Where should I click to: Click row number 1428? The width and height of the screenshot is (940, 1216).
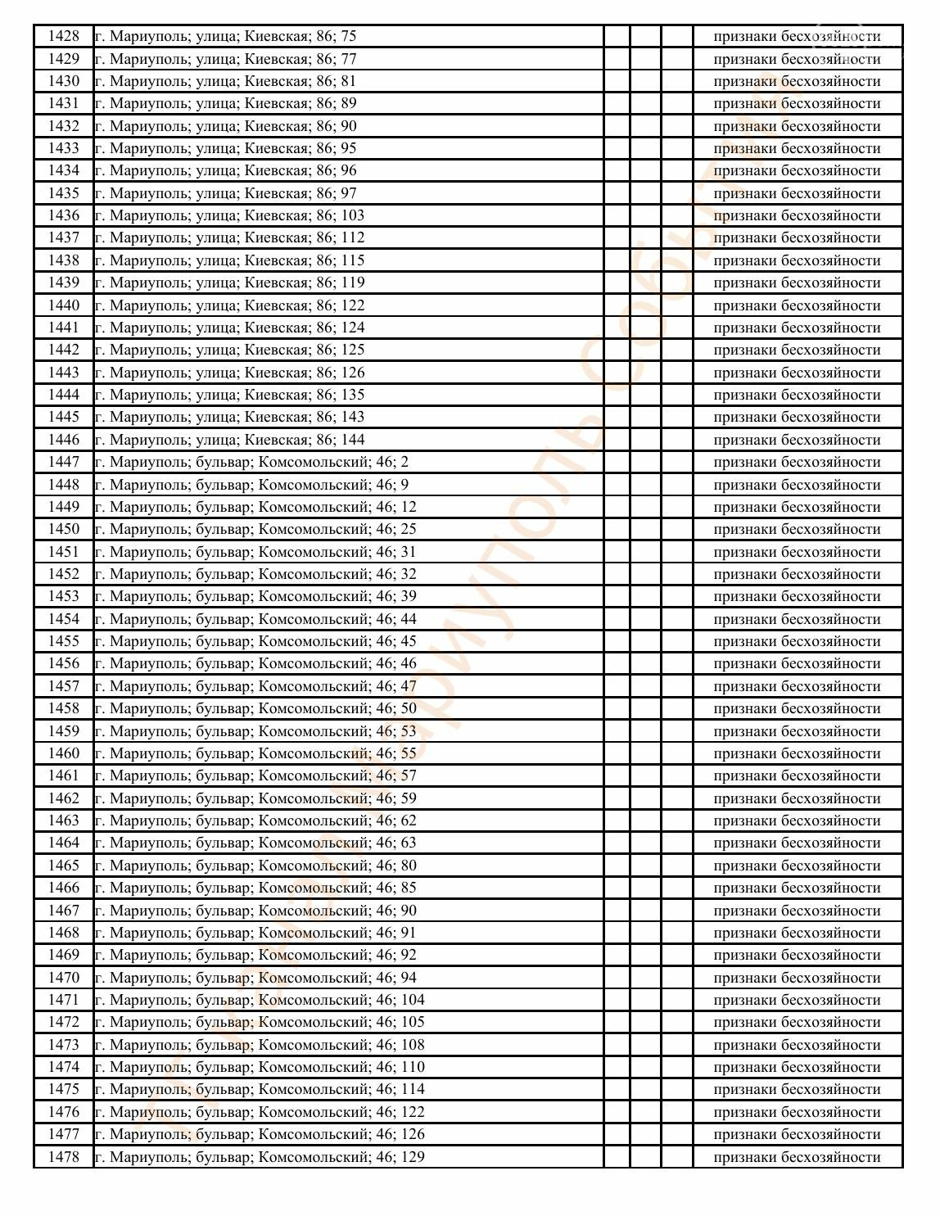click(64, 36)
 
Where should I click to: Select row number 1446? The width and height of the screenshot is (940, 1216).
click(64, 440)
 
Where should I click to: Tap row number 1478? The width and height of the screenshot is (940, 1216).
click(64, 1157)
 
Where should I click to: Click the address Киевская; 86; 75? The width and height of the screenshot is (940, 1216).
click(225, 36)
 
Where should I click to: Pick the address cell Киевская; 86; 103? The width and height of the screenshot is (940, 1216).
click(229, 215)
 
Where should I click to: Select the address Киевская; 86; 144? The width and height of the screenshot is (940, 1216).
click(229, 440)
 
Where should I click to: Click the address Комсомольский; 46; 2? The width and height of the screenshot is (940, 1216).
click(251, 462)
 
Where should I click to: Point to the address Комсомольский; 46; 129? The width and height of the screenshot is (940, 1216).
click(260, 1157)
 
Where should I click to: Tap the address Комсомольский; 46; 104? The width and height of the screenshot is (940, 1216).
click(260, 1000)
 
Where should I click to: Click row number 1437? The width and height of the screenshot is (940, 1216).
click(64, 237)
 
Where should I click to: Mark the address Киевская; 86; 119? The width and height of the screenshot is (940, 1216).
click(229, 283)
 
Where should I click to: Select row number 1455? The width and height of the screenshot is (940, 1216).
click(64, 641)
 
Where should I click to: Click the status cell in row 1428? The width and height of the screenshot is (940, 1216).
click(797, 36)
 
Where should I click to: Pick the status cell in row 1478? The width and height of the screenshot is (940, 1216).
click(797, 1157)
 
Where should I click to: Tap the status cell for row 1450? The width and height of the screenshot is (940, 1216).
click(797, 529)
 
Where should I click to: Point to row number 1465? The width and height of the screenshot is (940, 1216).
click(64, 866)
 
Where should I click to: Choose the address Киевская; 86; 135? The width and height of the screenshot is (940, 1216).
click(229, 395)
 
